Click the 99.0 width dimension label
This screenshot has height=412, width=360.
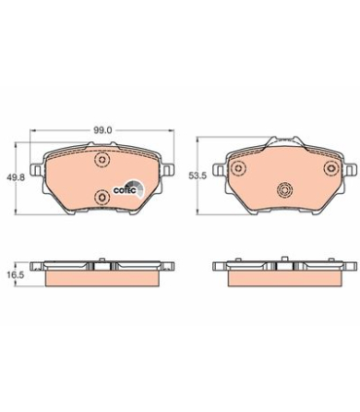[x=103, y=131]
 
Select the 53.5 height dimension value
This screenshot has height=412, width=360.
[x=198, y=175]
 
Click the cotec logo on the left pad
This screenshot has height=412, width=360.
[x=128, y=189]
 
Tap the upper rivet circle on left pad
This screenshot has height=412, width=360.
[x=102, y=160]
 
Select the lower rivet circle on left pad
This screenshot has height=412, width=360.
[x=102, y=196]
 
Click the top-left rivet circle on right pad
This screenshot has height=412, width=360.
[x=239, y=168]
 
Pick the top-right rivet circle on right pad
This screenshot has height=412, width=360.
[x=332, y=168]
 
